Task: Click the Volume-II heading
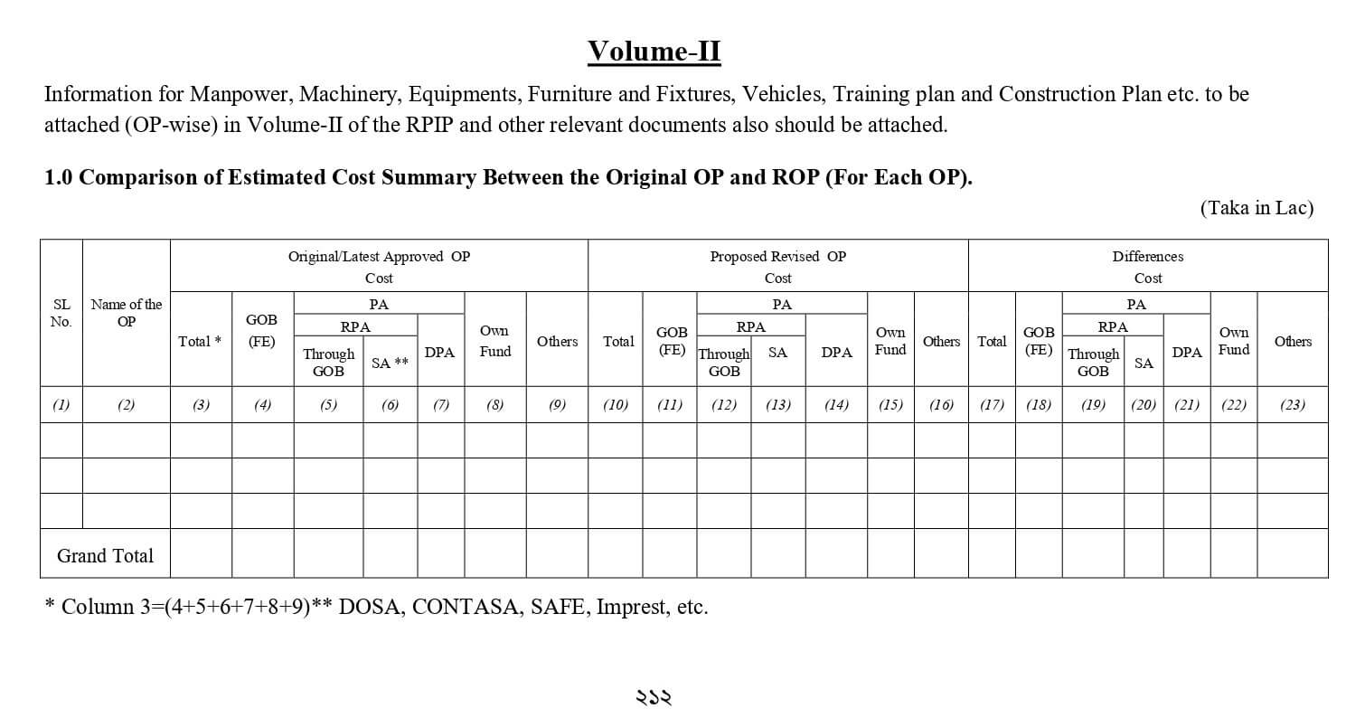tap(654, 52)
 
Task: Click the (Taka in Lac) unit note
tap(1257, 208)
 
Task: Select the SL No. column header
tap(61, 313)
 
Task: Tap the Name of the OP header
tap(127, 313)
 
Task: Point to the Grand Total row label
tap(105, 556)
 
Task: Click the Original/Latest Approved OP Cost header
tap(379, 267)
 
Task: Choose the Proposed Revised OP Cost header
tap(777, 267)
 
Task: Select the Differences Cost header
tap(1147, 267)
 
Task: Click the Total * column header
tap(201, 341)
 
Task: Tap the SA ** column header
tap(390, 363)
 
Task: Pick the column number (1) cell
tap(61, 405)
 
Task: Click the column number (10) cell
tap(615, 405)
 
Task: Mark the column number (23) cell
tap(1292, 405)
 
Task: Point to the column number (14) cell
tap(836, 405)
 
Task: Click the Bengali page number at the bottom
tap(654, 697)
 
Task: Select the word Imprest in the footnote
tap(633, 607)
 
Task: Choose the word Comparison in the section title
tap(136, 177)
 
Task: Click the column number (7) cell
tap(440, 405)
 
